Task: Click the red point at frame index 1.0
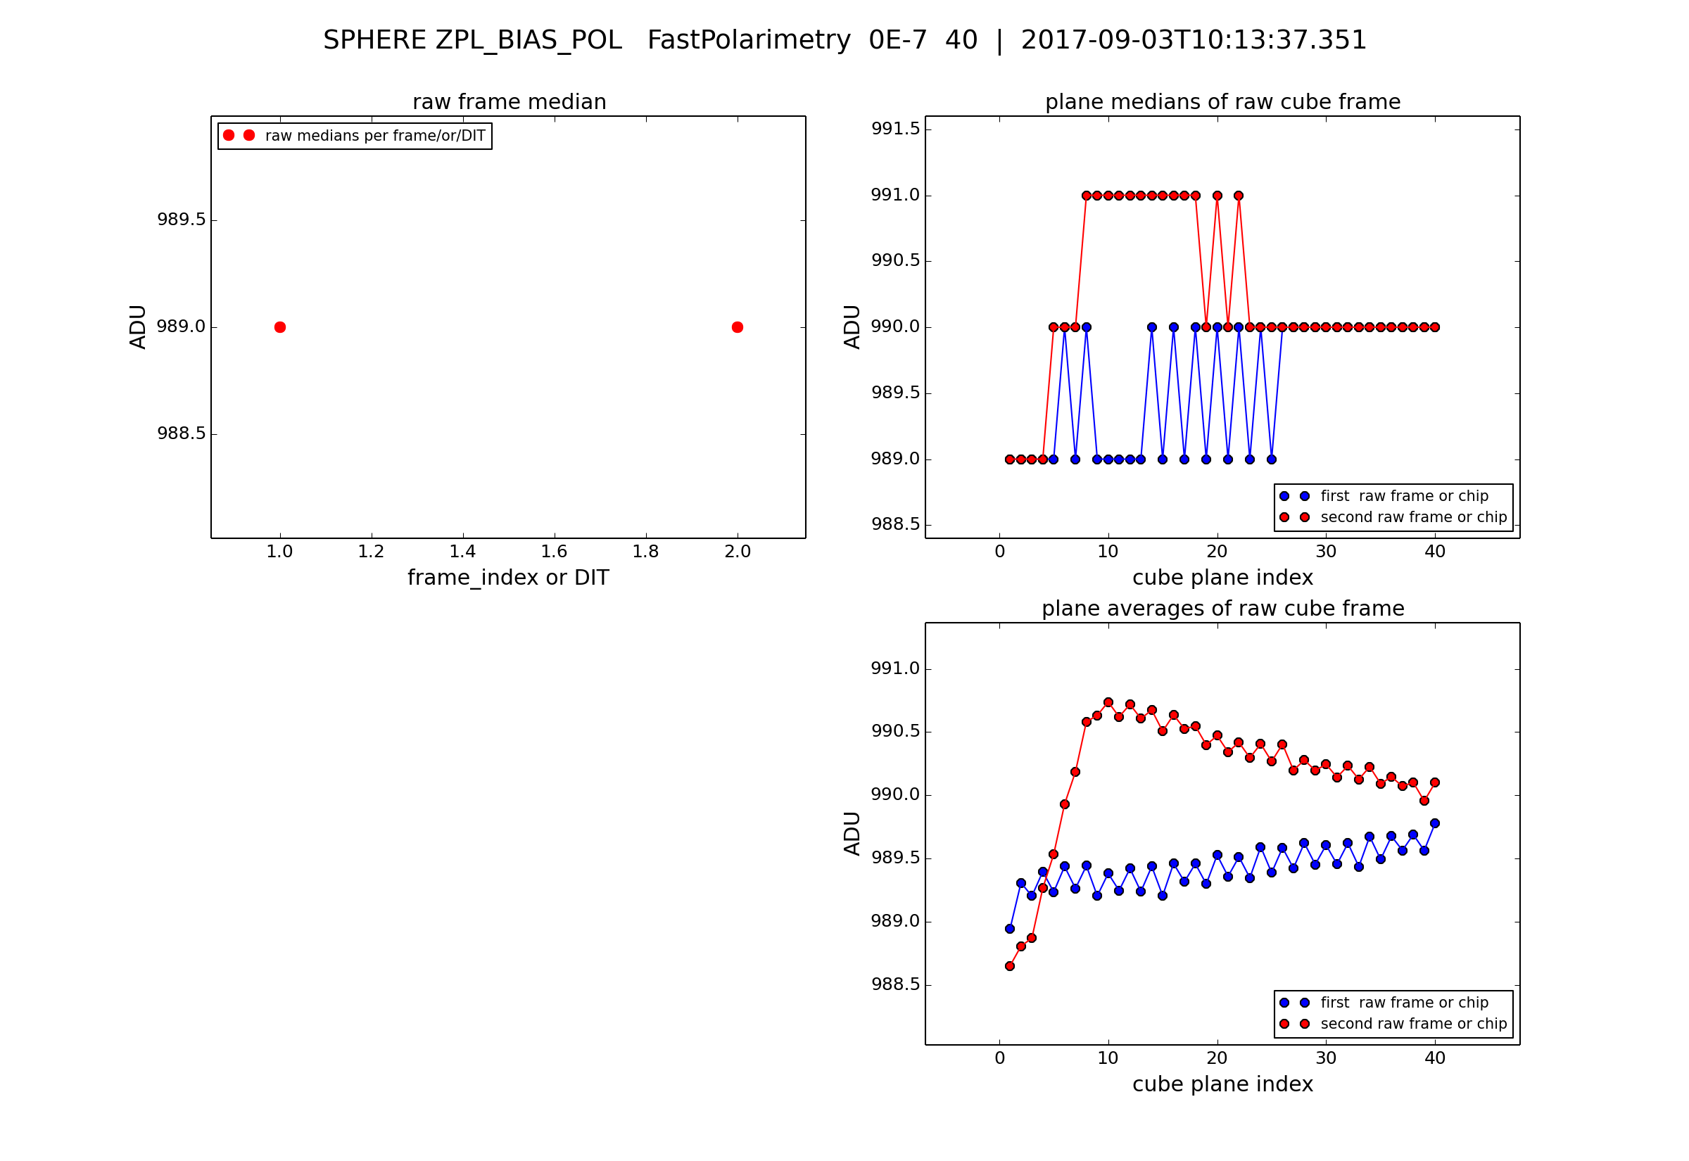coord(280,327)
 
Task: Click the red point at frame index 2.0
coord(738,327)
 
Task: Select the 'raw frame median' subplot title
coord(510,102)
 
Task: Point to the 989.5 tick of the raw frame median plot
coord(181,220)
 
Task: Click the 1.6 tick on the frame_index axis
coord(555,552)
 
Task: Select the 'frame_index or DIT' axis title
coord(507,578)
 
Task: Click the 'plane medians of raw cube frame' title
coord(1222,102)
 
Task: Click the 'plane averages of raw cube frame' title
coord(1222,608)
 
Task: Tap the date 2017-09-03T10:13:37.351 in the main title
coord(1194,40)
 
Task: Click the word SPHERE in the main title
coord(374,40)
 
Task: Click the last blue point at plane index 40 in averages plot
coord(1434,823)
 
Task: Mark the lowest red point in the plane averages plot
coord(1010,966)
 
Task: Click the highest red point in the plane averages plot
coord(1108,703)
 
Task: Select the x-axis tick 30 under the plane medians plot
coord(1325,552)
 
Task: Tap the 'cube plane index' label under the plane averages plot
coord(1222,1084)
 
